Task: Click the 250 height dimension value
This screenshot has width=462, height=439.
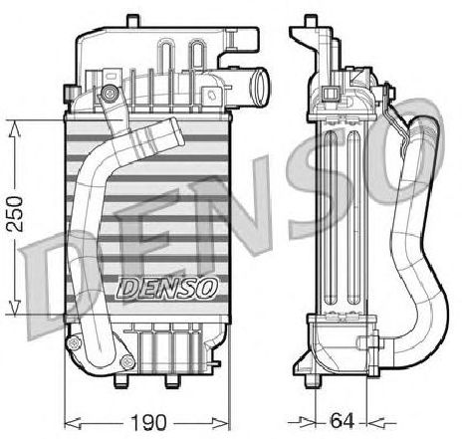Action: [15, 214]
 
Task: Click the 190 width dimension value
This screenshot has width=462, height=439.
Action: [148, 422]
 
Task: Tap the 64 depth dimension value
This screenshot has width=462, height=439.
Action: [343, 421]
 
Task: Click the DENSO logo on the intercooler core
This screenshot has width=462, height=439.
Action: [168, 288]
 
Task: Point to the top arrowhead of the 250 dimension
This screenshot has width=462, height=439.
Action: [14, 129]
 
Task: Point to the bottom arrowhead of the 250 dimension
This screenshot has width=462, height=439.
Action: [14, 307]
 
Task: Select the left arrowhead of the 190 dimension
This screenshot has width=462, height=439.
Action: [73, 423]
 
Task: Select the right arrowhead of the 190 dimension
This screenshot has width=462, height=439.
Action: [220, 423]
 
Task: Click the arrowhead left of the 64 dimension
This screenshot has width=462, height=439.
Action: [307, 422]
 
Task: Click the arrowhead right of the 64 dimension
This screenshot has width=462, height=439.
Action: [376, 423]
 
